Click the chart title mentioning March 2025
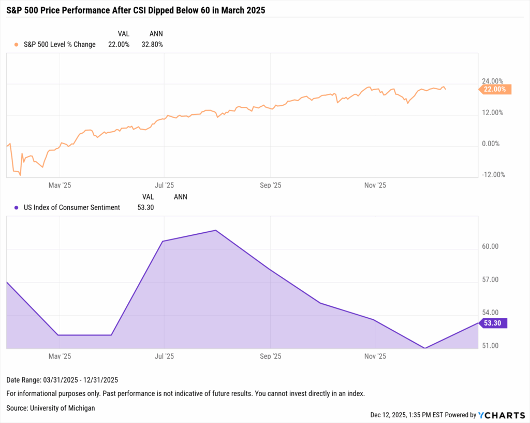[136, 10]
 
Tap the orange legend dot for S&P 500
[17, 45]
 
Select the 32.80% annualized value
[152, 45]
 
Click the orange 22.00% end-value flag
[495, 89]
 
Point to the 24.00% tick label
[492, 81]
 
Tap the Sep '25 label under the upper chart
[270, 185]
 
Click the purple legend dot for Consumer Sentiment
[17, 207]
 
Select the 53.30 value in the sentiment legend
[144, 207]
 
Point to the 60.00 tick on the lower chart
[490, 246]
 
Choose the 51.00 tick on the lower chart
[490, 346]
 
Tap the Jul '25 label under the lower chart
[164, 356]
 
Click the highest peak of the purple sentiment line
[216, 230]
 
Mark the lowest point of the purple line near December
[425, 348]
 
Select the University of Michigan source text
[51, 408]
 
